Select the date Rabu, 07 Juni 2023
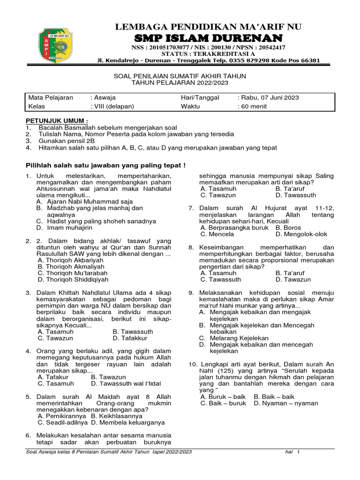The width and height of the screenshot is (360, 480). (270, 98)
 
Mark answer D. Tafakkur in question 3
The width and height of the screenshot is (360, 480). (130, 337)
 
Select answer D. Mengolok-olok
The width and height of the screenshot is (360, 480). (301, 234)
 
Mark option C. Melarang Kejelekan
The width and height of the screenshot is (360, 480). (233, 337)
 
